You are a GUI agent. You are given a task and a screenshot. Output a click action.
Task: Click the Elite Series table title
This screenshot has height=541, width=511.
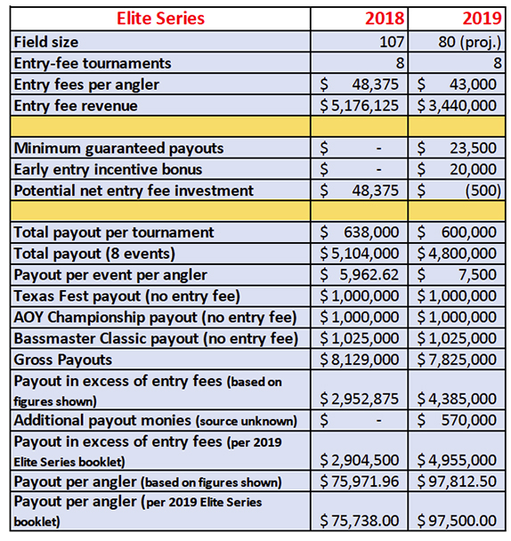pos(160,19)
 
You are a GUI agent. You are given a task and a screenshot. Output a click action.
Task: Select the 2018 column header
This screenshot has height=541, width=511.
pos(385,19)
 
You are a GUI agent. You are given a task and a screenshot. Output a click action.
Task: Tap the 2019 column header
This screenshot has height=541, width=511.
pos(482,19)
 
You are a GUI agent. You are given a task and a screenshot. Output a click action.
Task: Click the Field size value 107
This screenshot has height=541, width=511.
pos(392,42)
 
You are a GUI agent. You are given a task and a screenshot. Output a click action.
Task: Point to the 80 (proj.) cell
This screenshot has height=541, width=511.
pos(469,42)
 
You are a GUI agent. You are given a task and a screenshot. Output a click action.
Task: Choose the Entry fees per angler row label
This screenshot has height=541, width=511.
pos(86,85)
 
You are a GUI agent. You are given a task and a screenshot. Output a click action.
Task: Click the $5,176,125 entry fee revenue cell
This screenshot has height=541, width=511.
pos(359,106)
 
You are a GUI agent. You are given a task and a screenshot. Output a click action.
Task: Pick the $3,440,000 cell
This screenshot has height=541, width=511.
pos(457,106)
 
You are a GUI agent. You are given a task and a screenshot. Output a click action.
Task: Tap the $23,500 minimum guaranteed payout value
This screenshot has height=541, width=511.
pos(457,148)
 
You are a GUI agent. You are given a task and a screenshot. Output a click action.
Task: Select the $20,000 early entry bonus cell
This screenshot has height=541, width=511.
pos(457,169)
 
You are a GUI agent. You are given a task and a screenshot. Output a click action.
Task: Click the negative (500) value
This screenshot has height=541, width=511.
pos(483,190)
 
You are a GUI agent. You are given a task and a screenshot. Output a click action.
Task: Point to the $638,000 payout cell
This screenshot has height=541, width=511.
pos(359,232)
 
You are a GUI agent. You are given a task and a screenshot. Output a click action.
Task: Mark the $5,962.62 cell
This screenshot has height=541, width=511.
pos(359,275)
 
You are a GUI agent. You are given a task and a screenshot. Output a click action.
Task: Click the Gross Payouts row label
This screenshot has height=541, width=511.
pos(63,359)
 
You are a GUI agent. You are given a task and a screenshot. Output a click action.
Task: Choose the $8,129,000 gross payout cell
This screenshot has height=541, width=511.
pos(359,359)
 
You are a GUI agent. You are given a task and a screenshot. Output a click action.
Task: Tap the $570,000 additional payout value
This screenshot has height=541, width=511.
pos(457,420)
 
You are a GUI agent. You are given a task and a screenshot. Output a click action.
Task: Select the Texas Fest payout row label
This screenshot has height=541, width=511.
pos(126,296)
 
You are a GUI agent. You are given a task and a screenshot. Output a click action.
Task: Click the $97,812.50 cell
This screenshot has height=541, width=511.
pos(457,481)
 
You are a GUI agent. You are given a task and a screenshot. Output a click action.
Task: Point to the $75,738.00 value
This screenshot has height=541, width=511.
pos(359,521)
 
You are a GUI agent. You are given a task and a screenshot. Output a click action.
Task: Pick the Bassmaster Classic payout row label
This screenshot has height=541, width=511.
pos(156,339)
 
